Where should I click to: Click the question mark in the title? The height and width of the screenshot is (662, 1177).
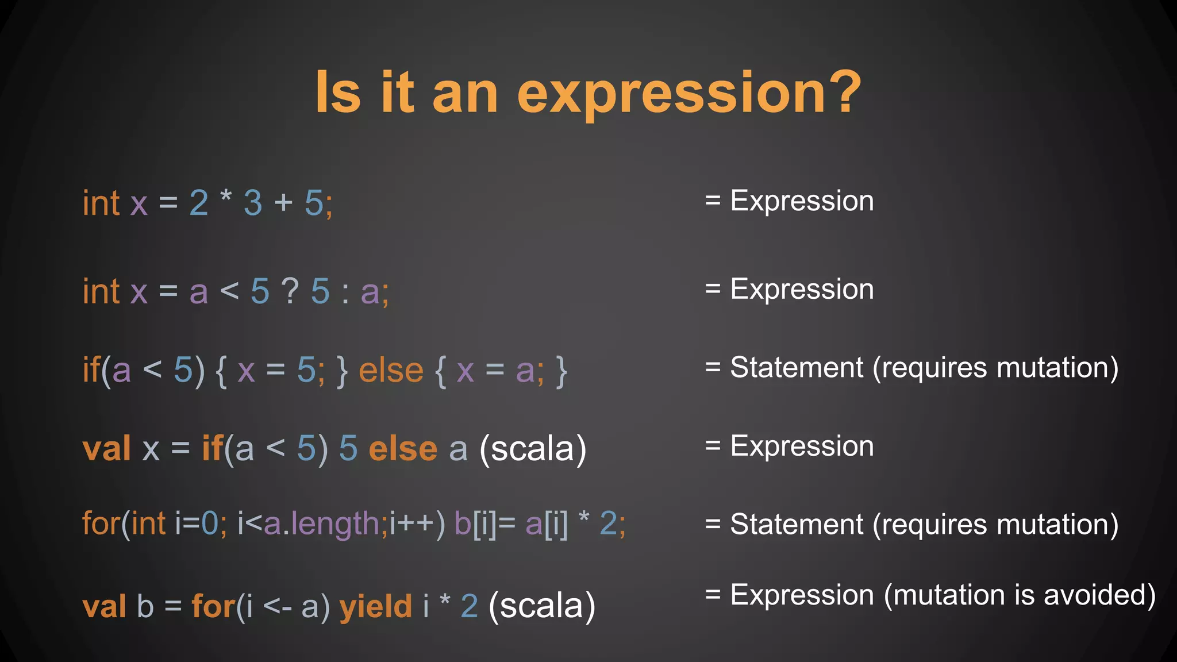coord(840,92)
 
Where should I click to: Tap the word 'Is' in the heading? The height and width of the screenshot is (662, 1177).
coord(338,92)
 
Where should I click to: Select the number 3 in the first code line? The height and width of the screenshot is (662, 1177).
coord(253,203)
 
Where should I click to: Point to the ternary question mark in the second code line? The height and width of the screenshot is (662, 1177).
coord(290,291)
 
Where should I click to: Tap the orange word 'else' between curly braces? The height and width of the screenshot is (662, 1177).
coord(391,370)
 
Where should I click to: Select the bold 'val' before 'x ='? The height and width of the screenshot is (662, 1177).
coord(106,449)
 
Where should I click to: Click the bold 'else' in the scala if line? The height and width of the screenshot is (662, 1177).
coord(403,449)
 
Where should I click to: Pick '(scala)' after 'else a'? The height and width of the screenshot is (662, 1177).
coord(533,449)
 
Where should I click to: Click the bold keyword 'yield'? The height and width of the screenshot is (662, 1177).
coord(376,606)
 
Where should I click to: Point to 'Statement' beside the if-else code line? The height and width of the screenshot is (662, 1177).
coord(797,368)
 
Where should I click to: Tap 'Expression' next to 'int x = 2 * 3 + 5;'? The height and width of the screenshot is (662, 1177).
coord(802,201)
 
